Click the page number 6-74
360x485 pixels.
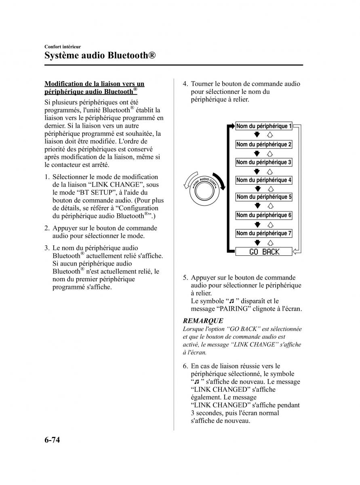pos(52,440)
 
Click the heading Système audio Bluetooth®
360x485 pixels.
pos(100,55)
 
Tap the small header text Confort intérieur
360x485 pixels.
pos(63,46)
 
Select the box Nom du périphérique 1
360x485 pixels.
pos(264,126)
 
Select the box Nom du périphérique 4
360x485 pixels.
pos(264,180)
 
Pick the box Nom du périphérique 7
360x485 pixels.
pos(264,233)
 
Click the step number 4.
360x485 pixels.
pos(185,84)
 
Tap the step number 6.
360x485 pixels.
pos(185,366)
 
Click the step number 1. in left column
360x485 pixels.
pos(47,177)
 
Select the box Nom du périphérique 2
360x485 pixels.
pos(264,144)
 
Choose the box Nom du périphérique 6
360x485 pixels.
pos(264,215)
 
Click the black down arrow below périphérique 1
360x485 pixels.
pos(257,135)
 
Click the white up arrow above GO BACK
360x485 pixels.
pos(270,242)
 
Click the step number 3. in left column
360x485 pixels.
pos(47,248)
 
